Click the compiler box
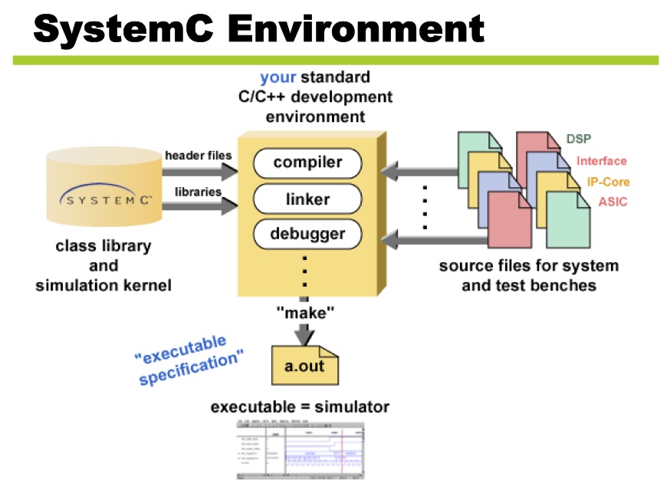pos(307,163)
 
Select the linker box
pos(307,199)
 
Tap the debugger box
pos(307,233)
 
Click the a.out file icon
pos(304,365)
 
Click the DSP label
pos(579,139)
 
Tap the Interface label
pos(601,161)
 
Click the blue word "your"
pos(278,78)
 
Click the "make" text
pos(305,312)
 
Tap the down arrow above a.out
pos(305,334)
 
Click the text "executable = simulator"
pos(300,407)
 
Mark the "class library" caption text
pos(103,248)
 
